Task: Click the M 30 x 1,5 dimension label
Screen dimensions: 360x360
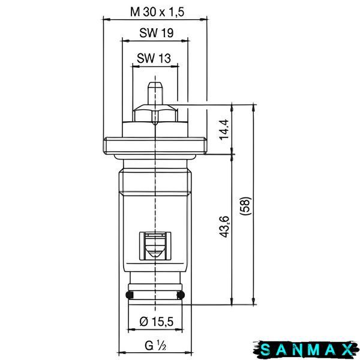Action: pyautogui.click(x=157, y=12)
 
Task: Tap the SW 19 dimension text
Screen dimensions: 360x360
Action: pyautogui.click(x=157, y=33)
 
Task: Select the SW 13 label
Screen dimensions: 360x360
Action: pyautogui.click(x=154, y=58)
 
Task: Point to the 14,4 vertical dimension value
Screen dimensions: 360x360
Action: pyautogui.click(x=224, y=129)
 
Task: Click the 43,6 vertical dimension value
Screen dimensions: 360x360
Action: pyautogui.click(x=224, y=227)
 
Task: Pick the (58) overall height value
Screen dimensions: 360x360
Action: pyautogui.click(x=245, y=205)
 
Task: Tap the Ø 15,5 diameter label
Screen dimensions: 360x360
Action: pyautogui.click(x=157, y=322)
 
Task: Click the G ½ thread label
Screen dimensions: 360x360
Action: pyautogui.click(x=155, y=346)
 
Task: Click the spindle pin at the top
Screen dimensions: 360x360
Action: pyautogui.click(x=155, y=94)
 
